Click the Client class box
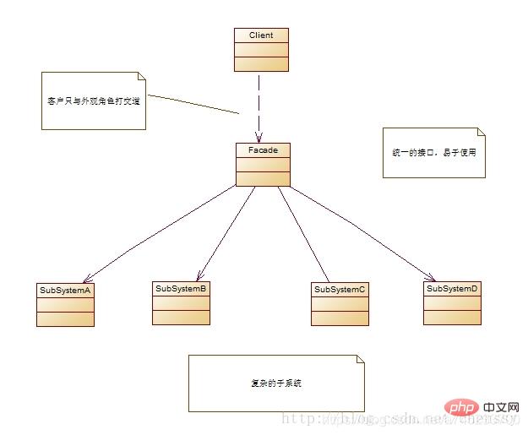pyautogui.click(x=261, y=50)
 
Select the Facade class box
pyautogui.click(x=263, y=165)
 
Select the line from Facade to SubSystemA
pyautogui.click(x=161, y=233)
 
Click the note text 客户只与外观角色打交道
pyautogui.click(x=93, y=100)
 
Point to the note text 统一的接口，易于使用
pyautogui.click(x=434, y=153)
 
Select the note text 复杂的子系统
pyautogui.click(x=275, y=383)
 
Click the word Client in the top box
pyautogui.click(x=261, y=35)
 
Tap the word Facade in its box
pyautogui.click(x=263, y=150)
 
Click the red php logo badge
pyautogui.click(x=459, y=409)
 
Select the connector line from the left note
pyautogui.click(x=193, y=103)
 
